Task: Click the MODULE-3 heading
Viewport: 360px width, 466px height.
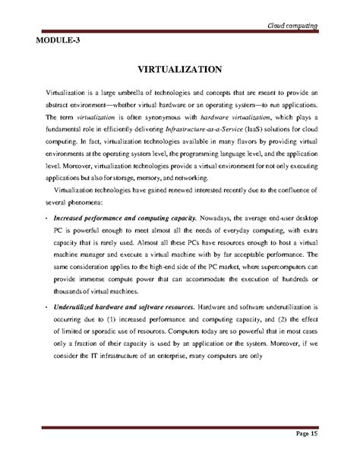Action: click(x=52, y=40)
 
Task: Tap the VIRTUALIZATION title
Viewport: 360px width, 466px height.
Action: click(x=179, y=69)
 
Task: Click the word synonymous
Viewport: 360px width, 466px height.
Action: click(x=172, y=119)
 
